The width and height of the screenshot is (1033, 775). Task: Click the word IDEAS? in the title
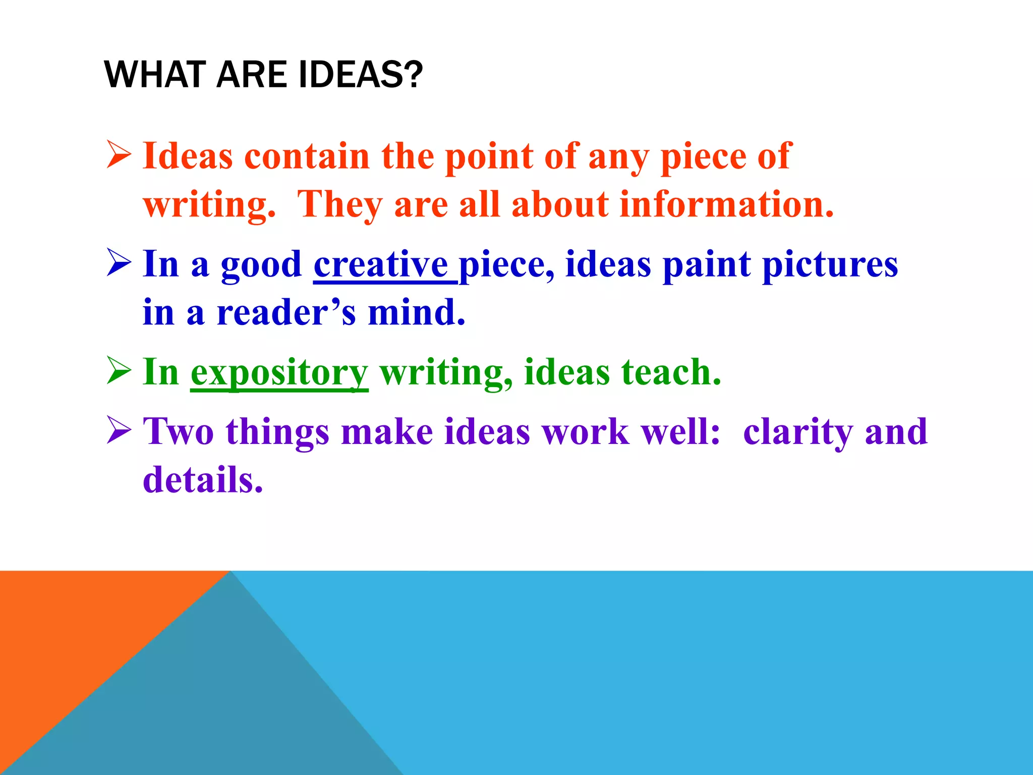[360, 75]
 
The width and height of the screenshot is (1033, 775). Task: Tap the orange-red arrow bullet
[119, 155]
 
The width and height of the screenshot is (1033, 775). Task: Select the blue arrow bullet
[119, 263]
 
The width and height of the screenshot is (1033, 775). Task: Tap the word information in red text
[726, 204]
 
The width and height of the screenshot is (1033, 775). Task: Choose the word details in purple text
[203, 479]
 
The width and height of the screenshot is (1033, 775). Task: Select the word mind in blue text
[416, 312]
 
